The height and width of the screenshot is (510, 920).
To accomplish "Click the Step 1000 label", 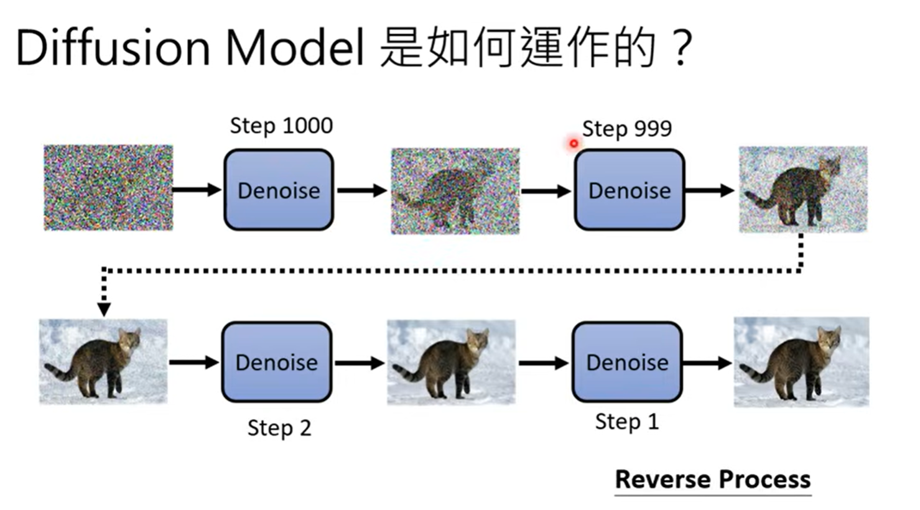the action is click(x=281, y=125).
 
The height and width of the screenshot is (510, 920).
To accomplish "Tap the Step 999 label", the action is click(x=627, y=129).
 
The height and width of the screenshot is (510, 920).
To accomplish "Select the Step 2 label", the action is click(x=279, y=429).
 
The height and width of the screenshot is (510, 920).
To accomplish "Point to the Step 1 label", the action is click(x=627, y=422).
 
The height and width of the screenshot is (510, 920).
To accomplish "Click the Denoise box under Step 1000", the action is click(x=279, y=190).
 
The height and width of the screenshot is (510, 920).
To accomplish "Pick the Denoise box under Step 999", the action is click(x=630, y=190).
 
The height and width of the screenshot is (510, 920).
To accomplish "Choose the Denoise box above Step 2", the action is click(x=277, y=362).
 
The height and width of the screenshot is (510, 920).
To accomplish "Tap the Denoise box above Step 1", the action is click(x=627, y=362).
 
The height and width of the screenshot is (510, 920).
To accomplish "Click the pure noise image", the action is click(x=108, y=188).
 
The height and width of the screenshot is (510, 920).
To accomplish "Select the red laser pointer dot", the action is click(x=574, y=143).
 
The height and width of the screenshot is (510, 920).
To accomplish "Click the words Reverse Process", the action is click(x=713, y=479).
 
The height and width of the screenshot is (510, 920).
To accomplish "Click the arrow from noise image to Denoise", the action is click(x=197, y=190).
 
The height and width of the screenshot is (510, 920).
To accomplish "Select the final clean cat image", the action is click(x=801, y=362).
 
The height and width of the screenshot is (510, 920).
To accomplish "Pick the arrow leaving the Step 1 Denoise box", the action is click(x=707, y=363).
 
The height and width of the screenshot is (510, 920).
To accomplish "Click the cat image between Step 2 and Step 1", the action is click(x=452, y=363).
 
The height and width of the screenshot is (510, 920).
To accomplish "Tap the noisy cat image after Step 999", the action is click(x=803, y=189).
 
